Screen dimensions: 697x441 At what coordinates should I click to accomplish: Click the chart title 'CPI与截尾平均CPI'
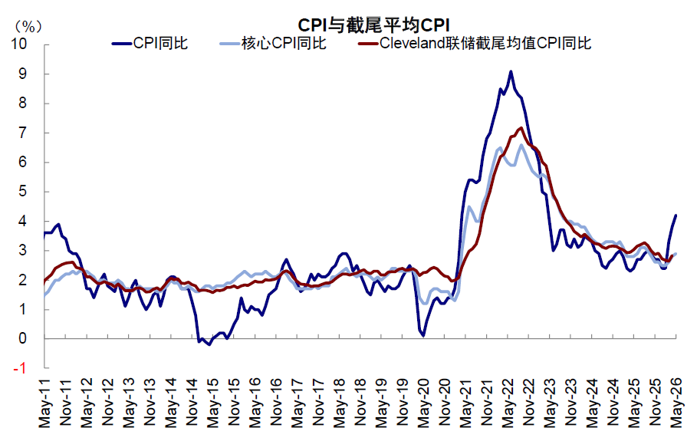point(374,25)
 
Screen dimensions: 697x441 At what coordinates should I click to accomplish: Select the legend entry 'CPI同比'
point(150,43)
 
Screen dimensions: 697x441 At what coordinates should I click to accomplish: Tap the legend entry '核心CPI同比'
point(273,43)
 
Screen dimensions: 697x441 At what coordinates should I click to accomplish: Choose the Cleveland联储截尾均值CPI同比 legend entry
point(475,43)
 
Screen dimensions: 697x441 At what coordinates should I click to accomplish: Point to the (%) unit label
point(28,27)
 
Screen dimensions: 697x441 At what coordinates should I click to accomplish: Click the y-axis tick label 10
point(19,44)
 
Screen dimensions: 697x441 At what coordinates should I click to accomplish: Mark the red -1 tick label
point(20,368)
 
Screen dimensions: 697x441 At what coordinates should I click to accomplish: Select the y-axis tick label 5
point(23,191)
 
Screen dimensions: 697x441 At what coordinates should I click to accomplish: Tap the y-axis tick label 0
point(23,338)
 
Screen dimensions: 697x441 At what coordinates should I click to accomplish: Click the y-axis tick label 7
point(23,133)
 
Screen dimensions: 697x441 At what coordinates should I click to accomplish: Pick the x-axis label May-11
point(45,403)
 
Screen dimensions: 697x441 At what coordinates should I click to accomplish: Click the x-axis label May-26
point(676,403)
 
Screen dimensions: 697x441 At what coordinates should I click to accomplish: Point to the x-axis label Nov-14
point(192,403)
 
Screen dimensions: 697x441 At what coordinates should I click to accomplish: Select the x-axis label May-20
point(423,403)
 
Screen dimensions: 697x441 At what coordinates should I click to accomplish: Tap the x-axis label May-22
point(508,403)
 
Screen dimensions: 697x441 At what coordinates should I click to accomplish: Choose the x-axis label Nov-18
point(360,403)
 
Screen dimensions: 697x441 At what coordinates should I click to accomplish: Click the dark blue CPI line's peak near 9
point(511,71)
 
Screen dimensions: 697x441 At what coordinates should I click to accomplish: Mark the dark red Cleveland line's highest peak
point(521,128)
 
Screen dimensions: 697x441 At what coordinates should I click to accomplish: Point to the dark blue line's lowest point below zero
point(209,344)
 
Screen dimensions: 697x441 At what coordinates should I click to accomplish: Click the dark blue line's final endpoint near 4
point(676,216)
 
